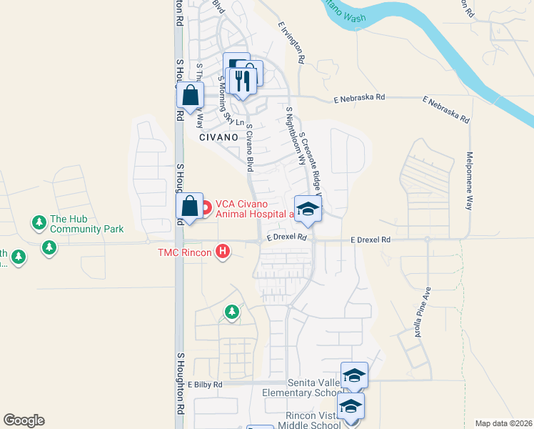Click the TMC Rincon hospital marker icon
223,251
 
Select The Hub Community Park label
86,224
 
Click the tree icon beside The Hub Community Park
38,223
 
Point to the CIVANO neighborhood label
217,137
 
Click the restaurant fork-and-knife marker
243,81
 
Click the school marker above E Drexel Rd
308,208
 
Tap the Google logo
24,420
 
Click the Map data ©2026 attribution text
503,423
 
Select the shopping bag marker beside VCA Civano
190,206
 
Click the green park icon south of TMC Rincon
231,312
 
